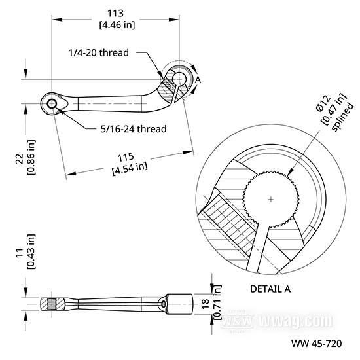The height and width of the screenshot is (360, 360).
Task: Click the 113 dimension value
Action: coord(115,13)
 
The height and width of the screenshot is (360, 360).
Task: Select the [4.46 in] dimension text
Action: coord(117,25)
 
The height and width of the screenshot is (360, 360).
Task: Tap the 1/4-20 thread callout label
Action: coord(99,53)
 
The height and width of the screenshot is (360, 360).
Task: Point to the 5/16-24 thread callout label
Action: coord(134,129)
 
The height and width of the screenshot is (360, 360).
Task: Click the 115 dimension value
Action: coord(126,157)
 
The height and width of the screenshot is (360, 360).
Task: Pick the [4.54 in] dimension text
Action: coord(130,168)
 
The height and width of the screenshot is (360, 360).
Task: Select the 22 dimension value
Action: coord(20,158)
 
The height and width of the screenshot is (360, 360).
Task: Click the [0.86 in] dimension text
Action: coord(31,157)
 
